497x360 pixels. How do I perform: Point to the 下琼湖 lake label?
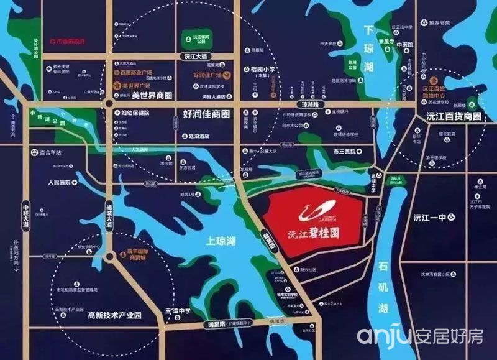370,48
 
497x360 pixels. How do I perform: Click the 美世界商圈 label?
152,96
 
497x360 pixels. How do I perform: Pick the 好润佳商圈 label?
207,115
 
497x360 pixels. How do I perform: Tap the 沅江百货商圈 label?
454,116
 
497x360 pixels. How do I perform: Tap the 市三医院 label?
345,151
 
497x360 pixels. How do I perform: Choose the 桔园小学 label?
262,70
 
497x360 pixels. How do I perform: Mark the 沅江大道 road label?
196,56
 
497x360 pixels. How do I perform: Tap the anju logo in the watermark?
383,336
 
